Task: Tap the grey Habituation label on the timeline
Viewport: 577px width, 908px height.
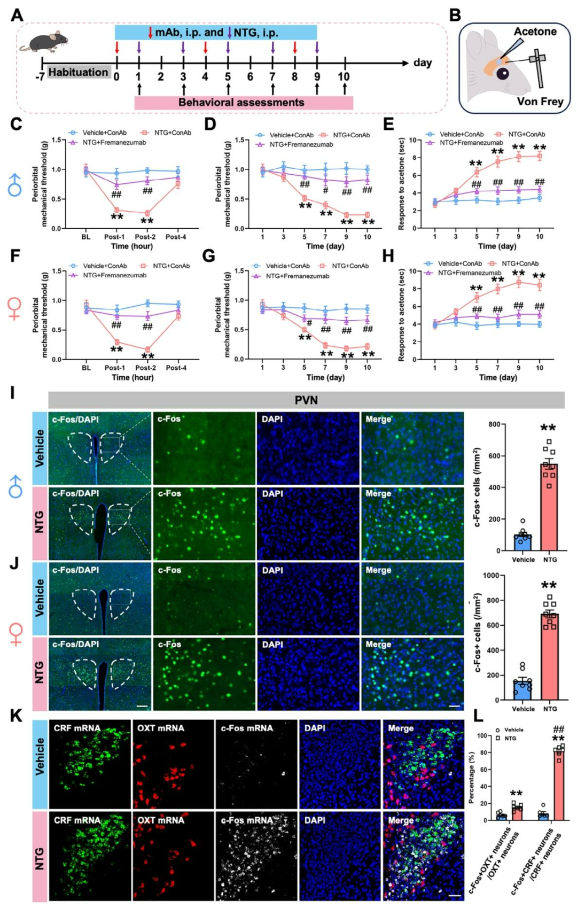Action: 78,72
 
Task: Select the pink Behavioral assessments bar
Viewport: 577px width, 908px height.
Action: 243,103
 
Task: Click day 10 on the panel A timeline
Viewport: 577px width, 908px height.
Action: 344,76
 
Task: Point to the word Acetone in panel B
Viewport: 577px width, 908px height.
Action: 535,32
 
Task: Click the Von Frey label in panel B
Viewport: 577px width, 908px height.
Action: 540,101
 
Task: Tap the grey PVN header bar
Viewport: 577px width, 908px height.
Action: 306,400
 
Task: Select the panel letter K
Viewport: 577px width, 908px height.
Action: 16,716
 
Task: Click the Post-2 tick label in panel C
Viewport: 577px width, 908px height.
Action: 145,237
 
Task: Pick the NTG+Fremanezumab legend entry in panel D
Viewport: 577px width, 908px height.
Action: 301,144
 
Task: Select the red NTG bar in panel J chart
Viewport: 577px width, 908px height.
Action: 550,657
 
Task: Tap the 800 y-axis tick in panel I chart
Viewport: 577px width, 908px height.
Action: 493,424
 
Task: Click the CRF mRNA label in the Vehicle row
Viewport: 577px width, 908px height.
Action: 77,728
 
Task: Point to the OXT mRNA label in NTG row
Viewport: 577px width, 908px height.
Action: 160,820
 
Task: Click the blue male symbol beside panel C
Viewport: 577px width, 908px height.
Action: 14,184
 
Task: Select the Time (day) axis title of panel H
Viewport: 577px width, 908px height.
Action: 498,377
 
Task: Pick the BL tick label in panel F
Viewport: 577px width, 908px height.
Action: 86,368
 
